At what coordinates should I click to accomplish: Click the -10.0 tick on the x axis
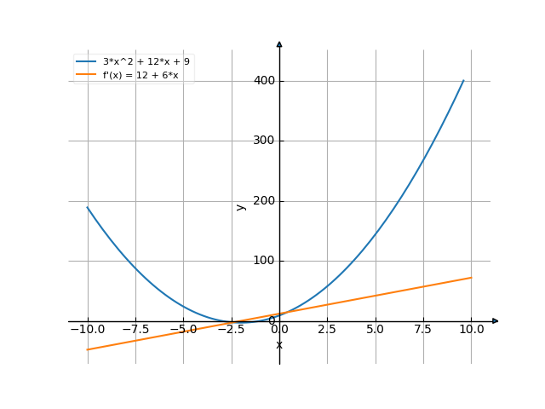pos(87,329)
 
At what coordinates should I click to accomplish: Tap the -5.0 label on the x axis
pos(183,329)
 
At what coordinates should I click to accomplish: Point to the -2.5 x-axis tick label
pos(231,329)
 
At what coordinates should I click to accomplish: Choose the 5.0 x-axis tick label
pos(376,329)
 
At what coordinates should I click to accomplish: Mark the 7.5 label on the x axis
pos(423,329)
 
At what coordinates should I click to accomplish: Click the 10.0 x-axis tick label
pos(472,329)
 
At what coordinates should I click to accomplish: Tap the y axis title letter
pos(241,206)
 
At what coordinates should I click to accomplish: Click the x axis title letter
pos(279,344)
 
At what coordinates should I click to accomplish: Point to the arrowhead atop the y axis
pos(279,43)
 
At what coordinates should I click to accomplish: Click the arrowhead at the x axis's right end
pos(496,320)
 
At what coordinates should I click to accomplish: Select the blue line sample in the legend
pos(86,61)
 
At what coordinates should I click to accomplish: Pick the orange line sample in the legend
pos(86,75)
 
